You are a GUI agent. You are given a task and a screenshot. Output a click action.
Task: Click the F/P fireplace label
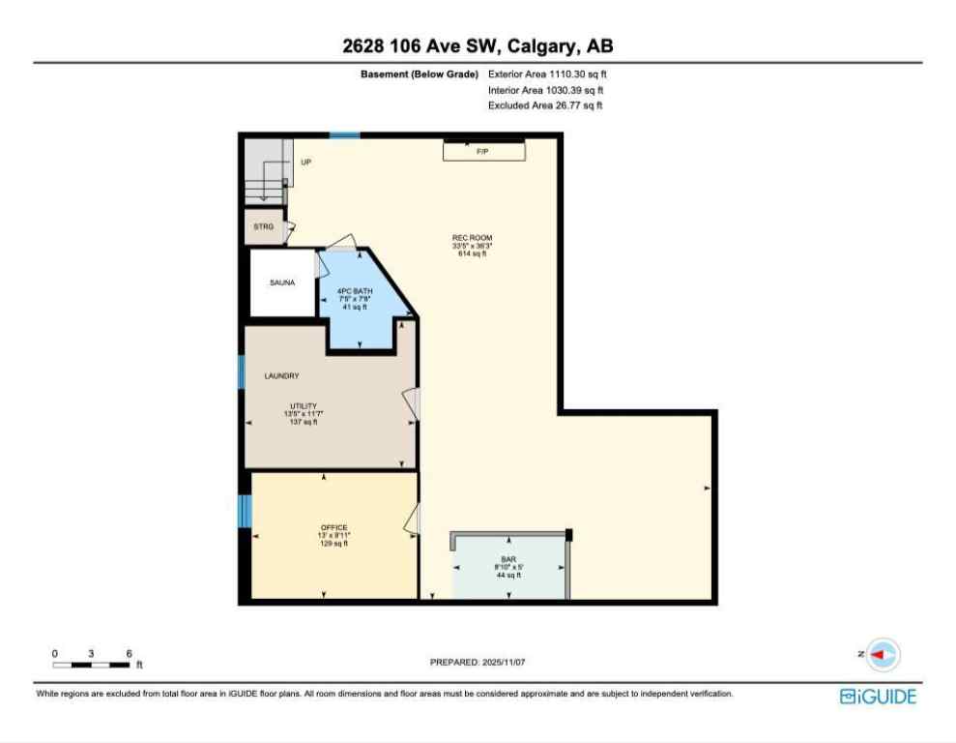[482, 152]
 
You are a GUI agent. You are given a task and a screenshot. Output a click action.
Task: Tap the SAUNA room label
[282, 282]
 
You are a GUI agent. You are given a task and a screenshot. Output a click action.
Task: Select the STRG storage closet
[263, 226]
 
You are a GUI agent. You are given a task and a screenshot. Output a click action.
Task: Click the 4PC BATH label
[355, 291]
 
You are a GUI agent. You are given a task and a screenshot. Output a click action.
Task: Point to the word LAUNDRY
[281, 375]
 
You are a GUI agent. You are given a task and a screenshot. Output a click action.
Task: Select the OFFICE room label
[334, 527]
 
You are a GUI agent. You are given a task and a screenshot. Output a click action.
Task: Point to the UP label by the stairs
[305, 163]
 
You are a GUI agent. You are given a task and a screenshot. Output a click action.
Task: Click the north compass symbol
[883, 655]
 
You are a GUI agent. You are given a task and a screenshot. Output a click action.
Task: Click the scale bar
[92, 664]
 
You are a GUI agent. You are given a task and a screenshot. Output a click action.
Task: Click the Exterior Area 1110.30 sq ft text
[547, 74]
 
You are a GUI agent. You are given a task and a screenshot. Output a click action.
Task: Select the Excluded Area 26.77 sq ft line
[545, 105]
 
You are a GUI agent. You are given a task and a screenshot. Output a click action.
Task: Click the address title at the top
[478, 45]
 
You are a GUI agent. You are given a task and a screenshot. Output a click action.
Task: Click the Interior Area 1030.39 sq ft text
[546, 89]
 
